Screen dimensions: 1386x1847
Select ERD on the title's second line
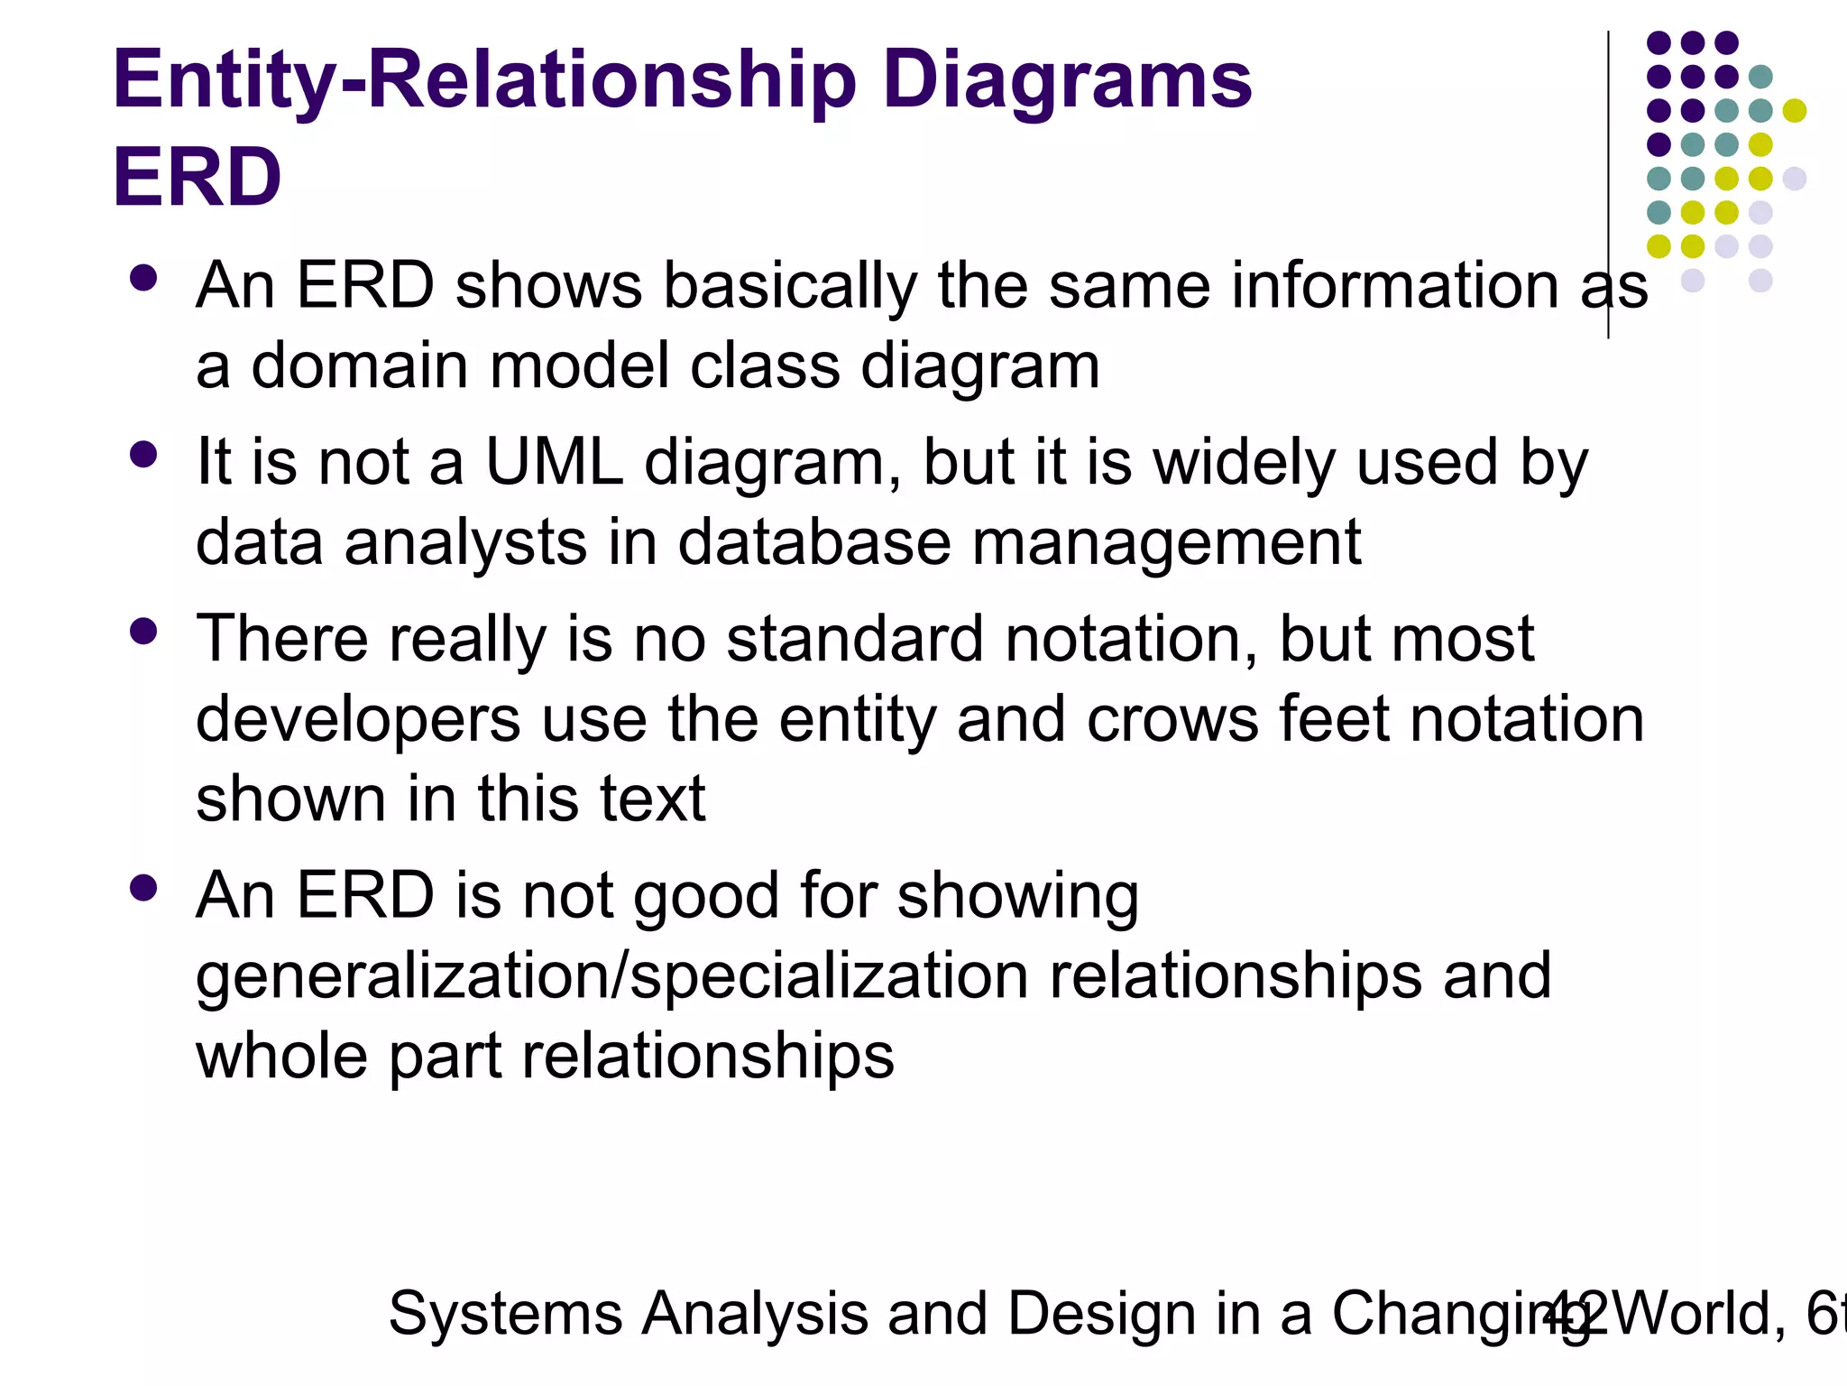point(197,178)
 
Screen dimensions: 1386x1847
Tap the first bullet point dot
point(143,277)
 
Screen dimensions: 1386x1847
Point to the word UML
point(554,462)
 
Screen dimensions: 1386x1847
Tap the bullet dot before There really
point(143,631)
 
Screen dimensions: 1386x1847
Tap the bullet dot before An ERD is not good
point(143,888)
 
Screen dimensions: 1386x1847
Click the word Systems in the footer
point(505,1314)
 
